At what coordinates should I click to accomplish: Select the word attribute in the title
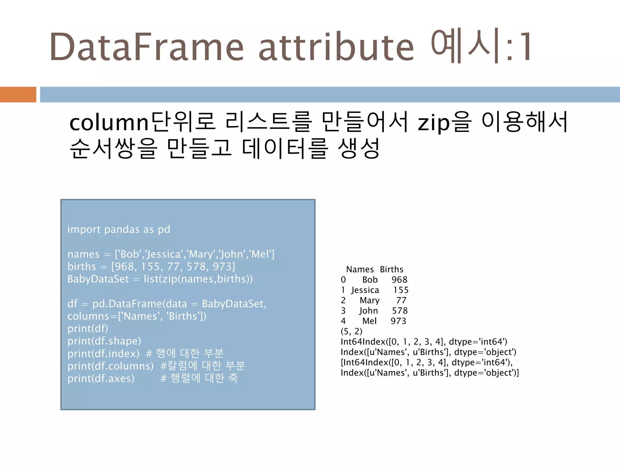click(x=336, y=47)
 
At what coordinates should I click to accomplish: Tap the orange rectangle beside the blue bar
click(x=18, y=94)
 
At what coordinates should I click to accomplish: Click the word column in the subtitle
click(x=109, y=123)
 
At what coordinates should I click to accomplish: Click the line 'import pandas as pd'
click(x=119, y=229)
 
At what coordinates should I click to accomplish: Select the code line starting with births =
click(x=151, y=266)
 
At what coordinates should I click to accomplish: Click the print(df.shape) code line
click(x=104, y=341)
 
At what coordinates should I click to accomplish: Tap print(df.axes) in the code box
click(x=101, y=378)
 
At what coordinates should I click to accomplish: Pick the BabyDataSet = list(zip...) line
click(x=160, y=279)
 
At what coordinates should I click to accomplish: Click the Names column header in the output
click(x=360, y=269)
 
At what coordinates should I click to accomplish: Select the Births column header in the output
click(x=391, y=269)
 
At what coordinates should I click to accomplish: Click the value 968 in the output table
click(x=399, y=280)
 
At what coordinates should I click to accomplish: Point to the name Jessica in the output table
click(x=365, y=290)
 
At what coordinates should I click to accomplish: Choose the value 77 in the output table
click(x=401, y=300)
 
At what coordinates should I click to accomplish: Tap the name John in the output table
click(x=368, y=311)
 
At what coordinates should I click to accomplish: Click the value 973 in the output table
click(x=398, y=321)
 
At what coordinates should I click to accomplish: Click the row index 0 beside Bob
click(x=343, y=280)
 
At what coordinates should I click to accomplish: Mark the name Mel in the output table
click(x=369, y=321)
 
